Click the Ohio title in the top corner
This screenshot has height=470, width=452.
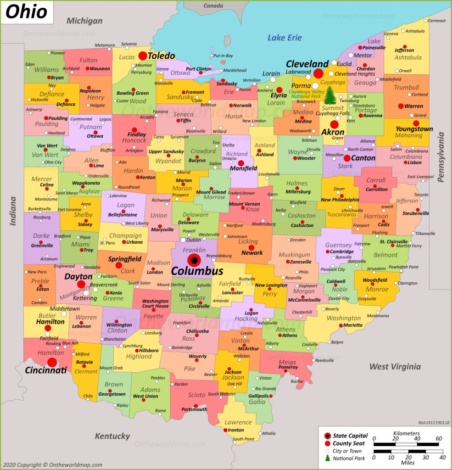coord(27,12)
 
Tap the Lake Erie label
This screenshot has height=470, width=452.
coord(285,38)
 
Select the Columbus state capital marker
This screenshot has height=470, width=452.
coord(194,260)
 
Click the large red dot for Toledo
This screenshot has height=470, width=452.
coord(143,56)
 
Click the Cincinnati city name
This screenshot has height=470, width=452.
coord(46,370)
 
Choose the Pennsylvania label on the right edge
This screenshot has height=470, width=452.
coord(441,157)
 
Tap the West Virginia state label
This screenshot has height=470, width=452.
coord(395,366)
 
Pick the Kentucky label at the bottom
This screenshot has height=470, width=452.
coord(112,436)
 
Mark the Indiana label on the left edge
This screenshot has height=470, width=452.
coord(13,211)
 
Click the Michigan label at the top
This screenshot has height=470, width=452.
coord(84,21)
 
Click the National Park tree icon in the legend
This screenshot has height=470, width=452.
coord(327,458)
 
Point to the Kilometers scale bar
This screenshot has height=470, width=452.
coord(406,444)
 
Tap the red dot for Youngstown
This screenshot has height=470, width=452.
coord(416,123)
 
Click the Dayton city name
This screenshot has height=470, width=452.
coord(78,277)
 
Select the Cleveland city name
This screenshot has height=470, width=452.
coord(307,64)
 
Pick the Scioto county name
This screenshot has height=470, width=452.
coord(197,395)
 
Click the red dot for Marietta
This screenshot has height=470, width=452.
coord(341,325)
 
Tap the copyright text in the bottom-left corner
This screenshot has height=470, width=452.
coord(51,464)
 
